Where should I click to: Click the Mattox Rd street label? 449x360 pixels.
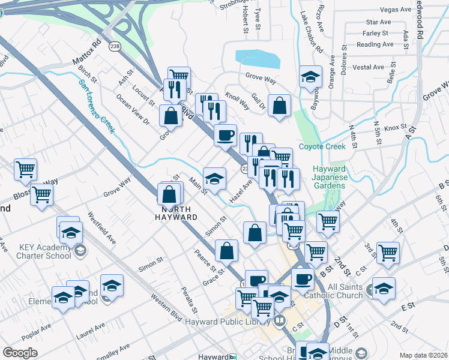[88, 53]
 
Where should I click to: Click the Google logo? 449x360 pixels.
[20, 353]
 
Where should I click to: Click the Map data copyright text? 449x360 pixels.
[423, 355]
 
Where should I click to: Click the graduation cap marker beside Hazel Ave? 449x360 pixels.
[214, 178]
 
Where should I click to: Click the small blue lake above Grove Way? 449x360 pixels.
[258, 59]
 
